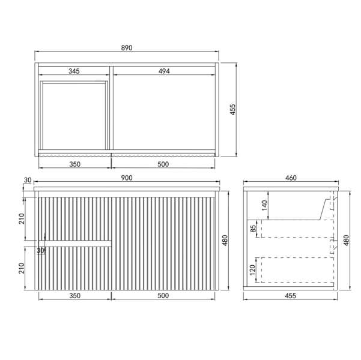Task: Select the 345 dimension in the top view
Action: (74, 71)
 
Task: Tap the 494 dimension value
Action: (165, 71)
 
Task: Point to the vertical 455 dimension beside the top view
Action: (232, 109)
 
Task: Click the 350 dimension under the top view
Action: (74, 163)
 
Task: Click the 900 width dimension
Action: (127, 178)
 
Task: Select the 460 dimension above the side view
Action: (291, 178)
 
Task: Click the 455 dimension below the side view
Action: (291, 296)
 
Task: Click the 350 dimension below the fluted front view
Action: (74, 296)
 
